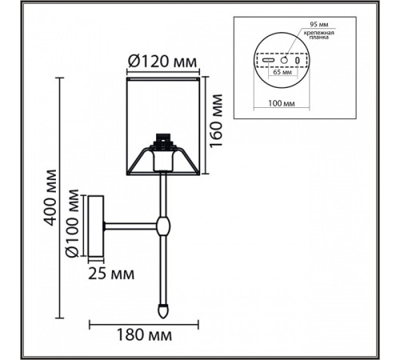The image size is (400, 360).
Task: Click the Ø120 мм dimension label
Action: pyautogui.click(x=162, y=62)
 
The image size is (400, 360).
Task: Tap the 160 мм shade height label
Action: pyautogui.click(x=216, y=121)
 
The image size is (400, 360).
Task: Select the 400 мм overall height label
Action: pyautogui.click(x=50, y=198)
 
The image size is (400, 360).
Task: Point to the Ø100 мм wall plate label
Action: pyautogui.click(x=73, y=224)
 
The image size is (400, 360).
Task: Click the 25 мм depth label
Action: pyautogui.click(x=111, y=274)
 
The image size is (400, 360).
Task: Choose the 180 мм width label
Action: pyautogui.click(x=144, y=335)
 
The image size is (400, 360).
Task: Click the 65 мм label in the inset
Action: pyautogui.click(x=282, y=72)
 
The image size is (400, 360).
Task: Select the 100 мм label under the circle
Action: pyautogui.click(x=282, y=103)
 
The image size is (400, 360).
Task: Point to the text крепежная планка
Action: pyautogui.click(x=319, y=35)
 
